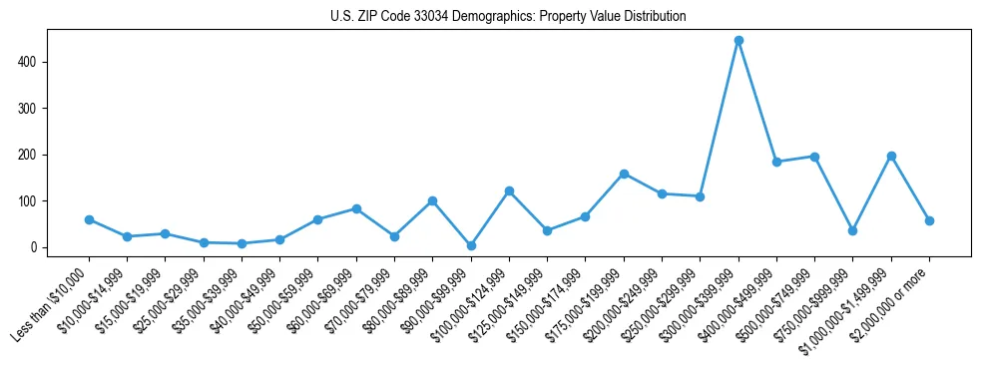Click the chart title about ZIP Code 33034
[508, 17]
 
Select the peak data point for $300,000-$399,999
[738, 41]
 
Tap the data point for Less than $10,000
[89, 219]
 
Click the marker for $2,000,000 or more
[929, 220]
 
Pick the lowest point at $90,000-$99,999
[471, 245]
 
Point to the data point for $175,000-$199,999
[624, 174]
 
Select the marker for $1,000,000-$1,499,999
[891, 156]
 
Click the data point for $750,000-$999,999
[852, 230]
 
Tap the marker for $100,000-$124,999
[509, 190]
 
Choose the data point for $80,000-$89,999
[432, 200]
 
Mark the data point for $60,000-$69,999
[356, 208]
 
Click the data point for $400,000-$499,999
[776, 162]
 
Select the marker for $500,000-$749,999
[814, 157]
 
